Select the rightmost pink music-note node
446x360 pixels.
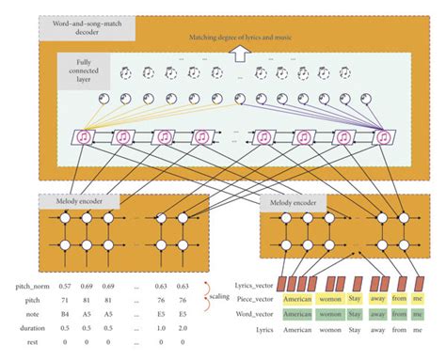tap(384, 138)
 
